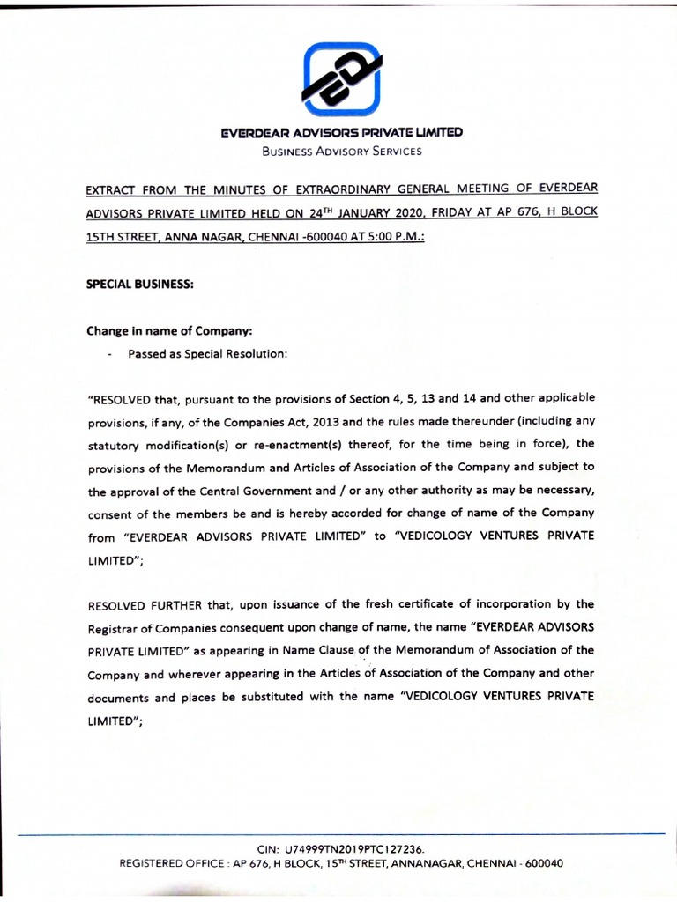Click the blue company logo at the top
pos(340,86)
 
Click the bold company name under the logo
pos(341,134)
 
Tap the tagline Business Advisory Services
pos(341,152)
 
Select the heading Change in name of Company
pos(169,332)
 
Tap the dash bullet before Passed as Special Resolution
pos(108,356)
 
